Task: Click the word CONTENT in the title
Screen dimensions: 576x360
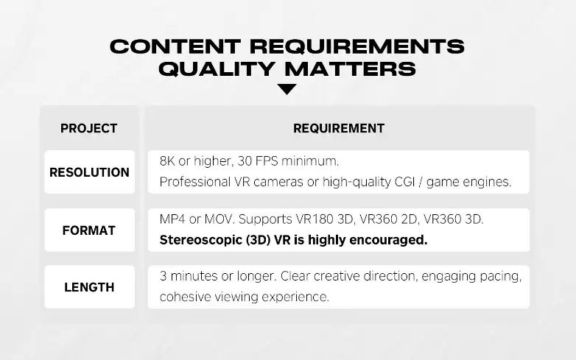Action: (175, 46)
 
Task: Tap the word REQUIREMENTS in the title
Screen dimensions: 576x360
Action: (357, 46)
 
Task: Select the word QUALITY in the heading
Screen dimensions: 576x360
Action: (217, 69)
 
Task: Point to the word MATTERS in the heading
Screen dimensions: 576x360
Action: (351, 69)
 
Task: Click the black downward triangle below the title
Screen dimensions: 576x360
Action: (287, 89)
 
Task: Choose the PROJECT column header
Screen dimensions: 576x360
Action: (89, 128)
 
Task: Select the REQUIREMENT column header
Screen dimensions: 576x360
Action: (339, 128)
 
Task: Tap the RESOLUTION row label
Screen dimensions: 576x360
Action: (89, 172)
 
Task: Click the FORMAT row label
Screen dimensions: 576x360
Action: (89, 230)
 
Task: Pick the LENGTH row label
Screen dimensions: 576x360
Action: (89, 287)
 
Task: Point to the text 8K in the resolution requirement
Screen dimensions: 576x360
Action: (167, 161)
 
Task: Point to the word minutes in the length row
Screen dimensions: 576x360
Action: (194, 276)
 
